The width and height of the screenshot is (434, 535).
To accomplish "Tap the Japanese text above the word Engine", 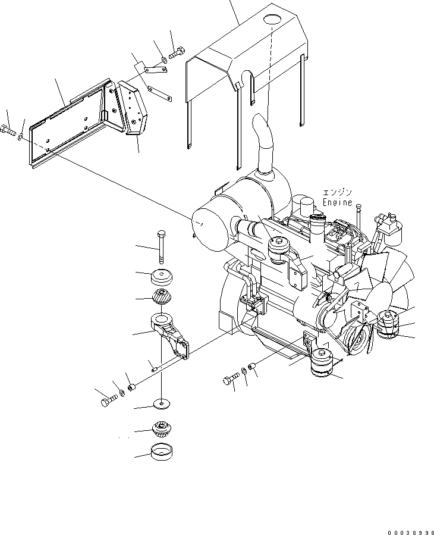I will click(x=337, y=192).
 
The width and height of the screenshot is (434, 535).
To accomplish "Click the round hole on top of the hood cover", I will click(x=272, y=20).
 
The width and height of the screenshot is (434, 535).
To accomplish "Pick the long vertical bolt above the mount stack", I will click(x=162, y=246).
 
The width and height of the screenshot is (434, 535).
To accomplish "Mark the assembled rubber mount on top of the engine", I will click(x=279, y=249).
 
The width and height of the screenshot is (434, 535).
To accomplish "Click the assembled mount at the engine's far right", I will click(x=388, y=326).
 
